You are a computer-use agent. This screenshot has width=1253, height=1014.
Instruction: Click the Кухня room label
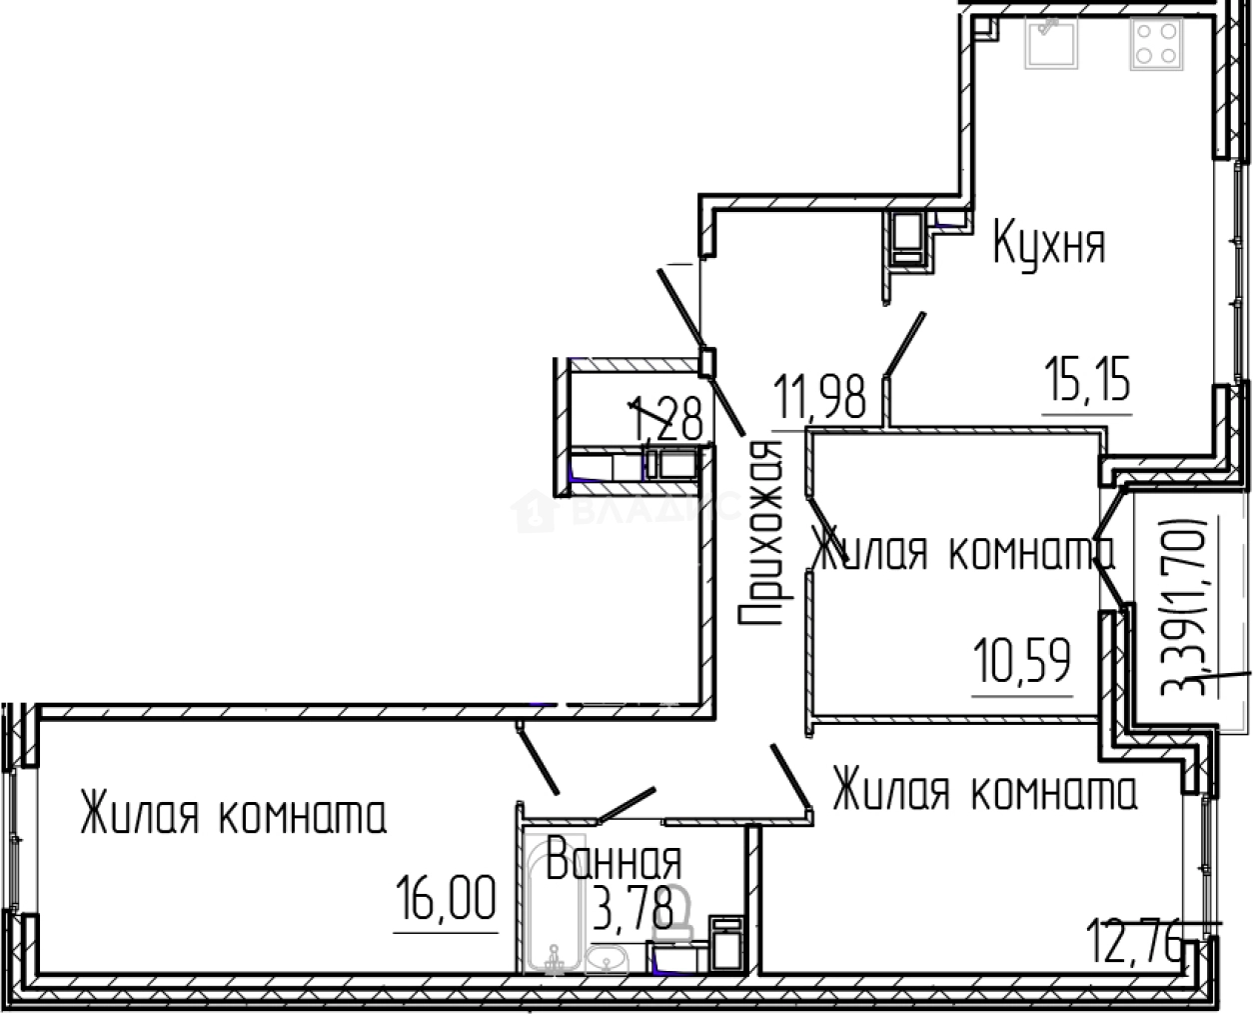coord(1048,244)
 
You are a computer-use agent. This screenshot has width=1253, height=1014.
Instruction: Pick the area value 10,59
coord(1021,662)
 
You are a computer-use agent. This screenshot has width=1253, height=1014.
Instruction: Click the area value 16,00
coord(446,898)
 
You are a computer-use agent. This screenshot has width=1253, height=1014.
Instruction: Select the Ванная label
coord(614,860)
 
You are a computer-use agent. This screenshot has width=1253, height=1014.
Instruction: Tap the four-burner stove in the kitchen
coord(1155,43)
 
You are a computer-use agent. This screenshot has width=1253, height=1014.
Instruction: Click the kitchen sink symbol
coord(1049,42)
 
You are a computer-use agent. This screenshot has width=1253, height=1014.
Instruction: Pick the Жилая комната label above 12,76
coord(984,792)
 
